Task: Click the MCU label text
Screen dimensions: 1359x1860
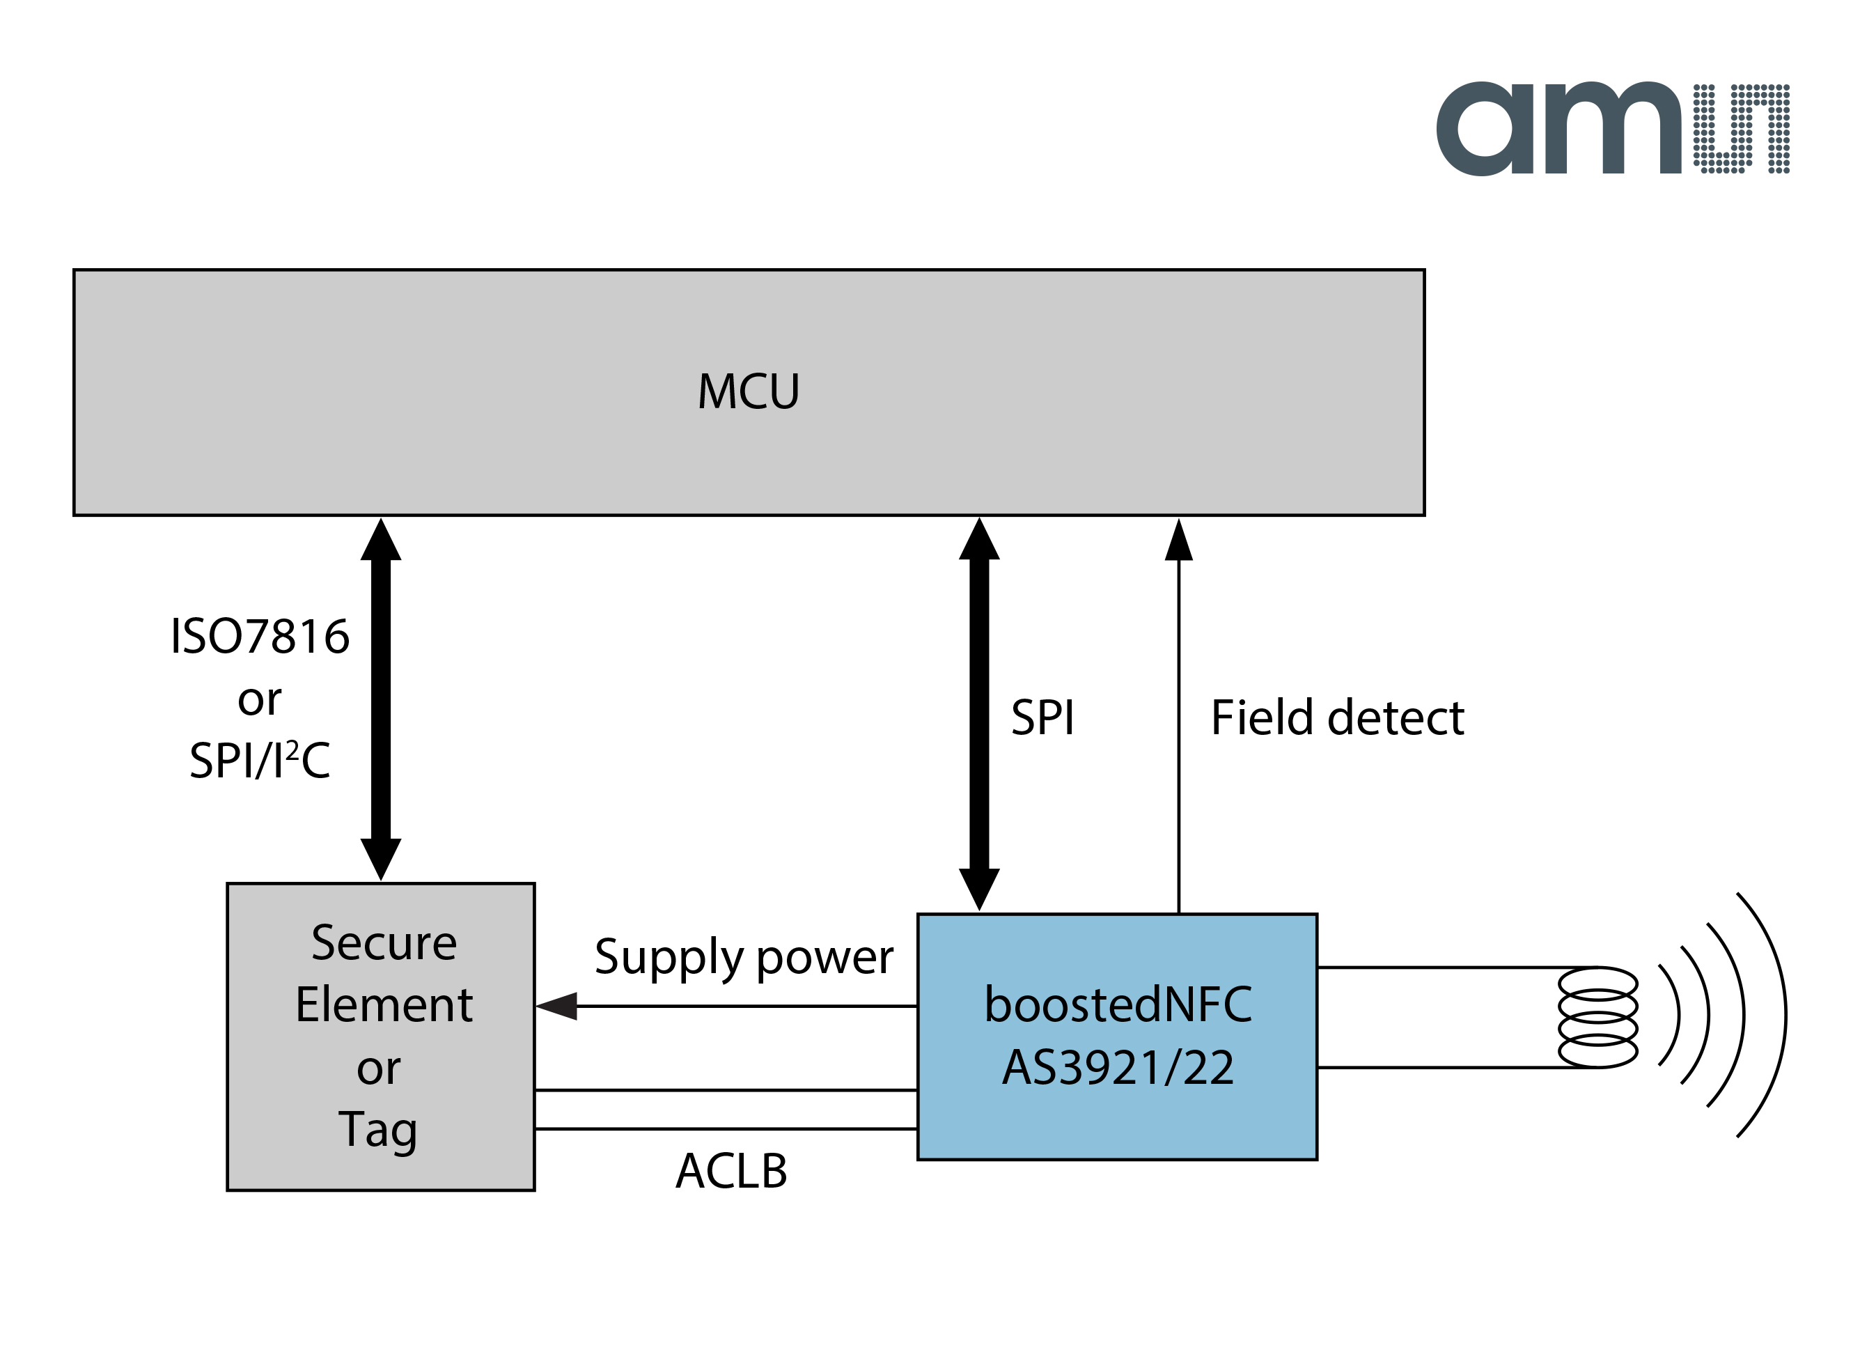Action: [x=749, y=391]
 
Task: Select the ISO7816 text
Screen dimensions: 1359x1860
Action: [x=260, y=637]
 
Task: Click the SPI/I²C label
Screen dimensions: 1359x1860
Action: [x=260, y=761]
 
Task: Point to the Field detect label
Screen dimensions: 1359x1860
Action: [x=1337, y=718]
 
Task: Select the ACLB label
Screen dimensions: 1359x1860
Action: [x=731, y=1172]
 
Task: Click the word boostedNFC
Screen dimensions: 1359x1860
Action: [x=1118, y=1005]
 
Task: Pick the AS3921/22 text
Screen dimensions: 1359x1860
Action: [x=1118, y=1068]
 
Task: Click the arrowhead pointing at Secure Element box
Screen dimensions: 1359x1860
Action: [x=558, y=1006]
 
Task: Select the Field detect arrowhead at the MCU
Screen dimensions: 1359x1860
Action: [x=1178, y=541]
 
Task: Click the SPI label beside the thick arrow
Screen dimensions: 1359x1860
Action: [x=1042, y=718]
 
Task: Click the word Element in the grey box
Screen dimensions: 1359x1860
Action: [x=384, y=1005]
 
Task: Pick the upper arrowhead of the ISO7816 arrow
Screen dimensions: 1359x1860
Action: [x=381, y=541]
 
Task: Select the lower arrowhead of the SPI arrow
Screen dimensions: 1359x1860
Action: [x=978, y=888]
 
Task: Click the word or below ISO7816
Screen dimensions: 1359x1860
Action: [x=260, y=700]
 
